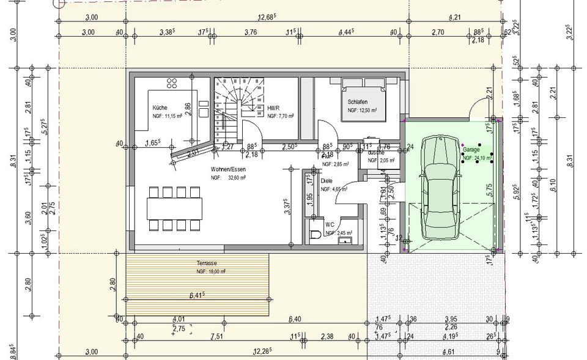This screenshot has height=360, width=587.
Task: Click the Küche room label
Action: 160,108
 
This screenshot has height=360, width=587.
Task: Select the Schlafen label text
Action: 358,102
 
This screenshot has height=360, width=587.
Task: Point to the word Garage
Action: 471,149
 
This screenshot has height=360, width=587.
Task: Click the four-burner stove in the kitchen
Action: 172,84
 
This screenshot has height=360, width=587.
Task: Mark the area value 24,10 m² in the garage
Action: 477,158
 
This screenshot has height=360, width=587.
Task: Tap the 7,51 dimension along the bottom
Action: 217,336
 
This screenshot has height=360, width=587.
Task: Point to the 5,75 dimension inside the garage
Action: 489,189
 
